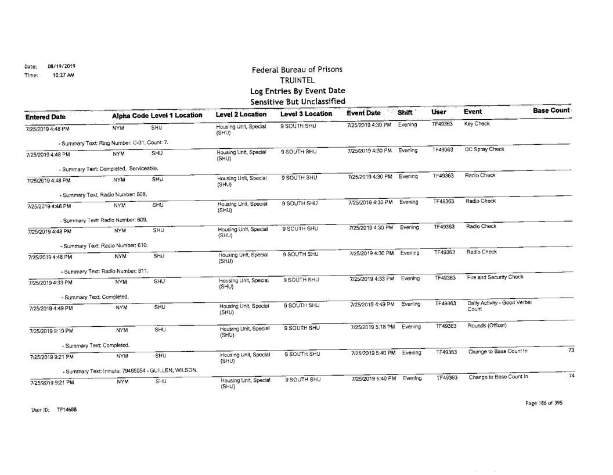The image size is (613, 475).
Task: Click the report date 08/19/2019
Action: pos(56,66)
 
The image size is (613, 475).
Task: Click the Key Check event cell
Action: pos(478,125)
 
